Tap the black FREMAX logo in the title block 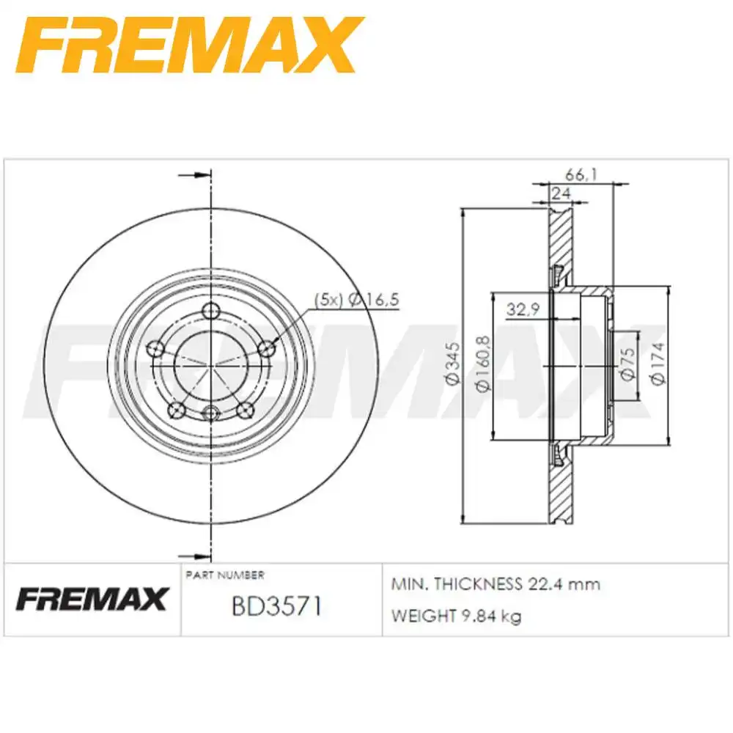coord(92,600)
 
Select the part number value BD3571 coord(276,606)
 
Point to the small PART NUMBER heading coord(226,575)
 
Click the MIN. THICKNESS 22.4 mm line coord(496,584)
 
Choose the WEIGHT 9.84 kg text coord(456,616)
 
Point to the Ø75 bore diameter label coord(627,365)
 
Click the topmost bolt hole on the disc coord(211,309)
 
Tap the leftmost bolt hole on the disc coord(155,350)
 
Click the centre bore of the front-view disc coord(211,364)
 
